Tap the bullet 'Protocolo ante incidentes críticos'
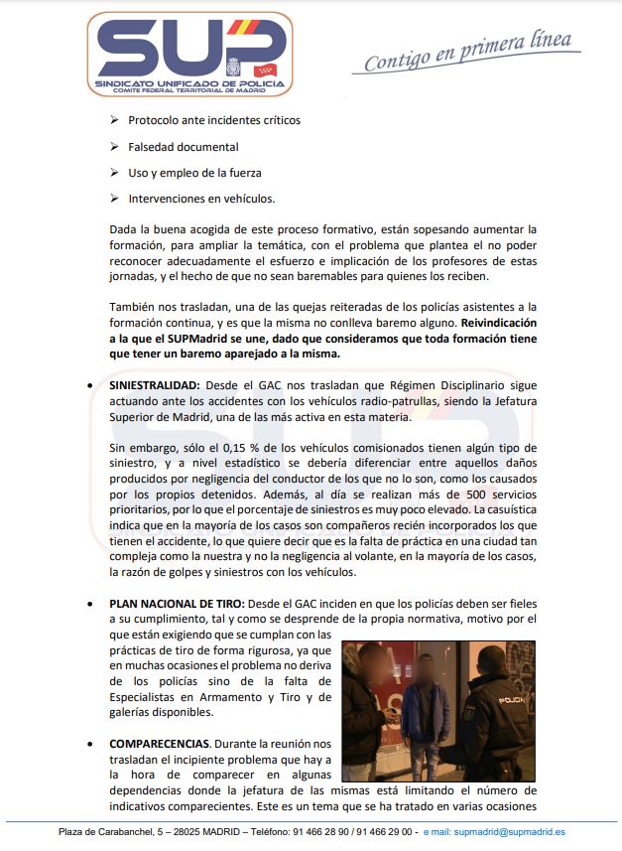[213, 120]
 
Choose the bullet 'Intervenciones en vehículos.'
[201, 198]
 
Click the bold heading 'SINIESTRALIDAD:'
[155, 382]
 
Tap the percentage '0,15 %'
[261, 449]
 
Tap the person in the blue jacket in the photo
[427, 710]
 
